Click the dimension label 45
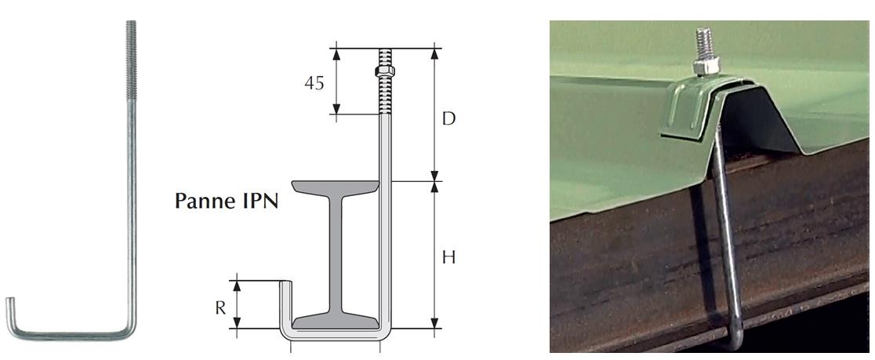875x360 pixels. (x=314, y=82)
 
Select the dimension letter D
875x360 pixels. (x=449, y=119)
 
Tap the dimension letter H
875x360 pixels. (x=448, y=257)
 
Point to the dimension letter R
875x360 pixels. (x=221, y=307)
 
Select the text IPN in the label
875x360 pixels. (x=260, y=200)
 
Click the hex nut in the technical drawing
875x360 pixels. (x=385, y=71)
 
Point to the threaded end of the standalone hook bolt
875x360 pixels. (x=131, y=60)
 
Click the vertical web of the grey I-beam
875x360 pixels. (x=336, y=255)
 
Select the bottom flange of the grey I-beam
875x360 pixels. (x=336, y=321)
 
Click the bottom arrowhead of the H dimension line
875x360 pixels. (x=434, y=323)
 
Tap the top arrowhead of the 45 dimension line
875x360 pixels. (x=336, y=54)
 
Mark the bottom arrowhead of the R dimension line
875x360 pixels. (x=237, y=322)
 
